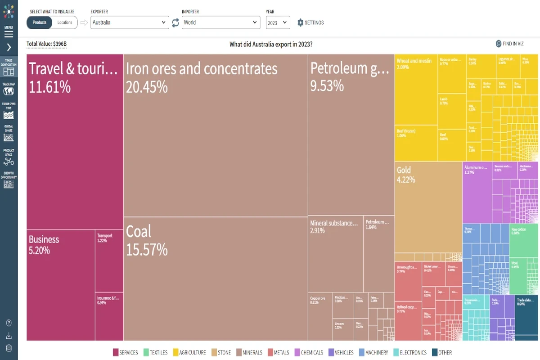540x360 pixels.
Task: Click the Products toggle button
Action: (x=40, y=22)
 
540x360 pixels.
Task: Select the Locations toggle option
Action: (x=65, y=22)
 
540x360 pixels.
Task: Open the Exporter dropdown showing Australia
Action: (x=130, y=22)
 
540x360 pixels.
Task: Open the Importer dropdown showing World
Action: (x=220, y=22)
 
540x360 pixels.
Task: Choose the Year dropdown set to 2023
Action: (x=278, y=22)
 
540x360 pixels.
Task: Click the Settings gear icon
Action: (x=301, y=22)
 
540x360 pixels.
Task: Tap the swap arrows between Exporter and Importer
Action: (x=175, y=22)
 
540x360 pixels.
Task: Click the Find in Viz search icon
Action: (x=499, y=44)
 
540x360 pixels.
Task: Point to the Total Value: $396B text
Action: (x=46, y=44)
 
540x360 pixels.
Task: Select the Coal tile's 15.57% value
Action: (x=147, y=250)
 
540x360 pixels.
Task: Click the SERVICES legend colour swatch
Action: (x=116, y=352)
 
